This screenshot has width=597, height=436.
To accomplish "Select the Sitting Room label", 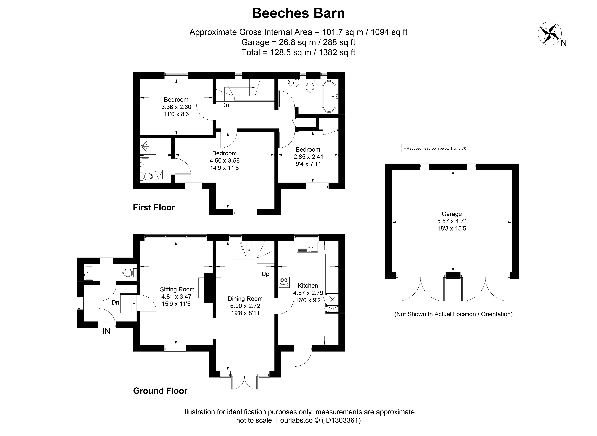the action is (x=177, y=289).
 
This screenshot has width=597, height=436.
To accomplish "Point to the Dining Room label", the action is (x=245, y=299).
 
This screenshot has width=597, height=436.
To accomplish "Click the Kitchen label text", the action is (x=308, y=286).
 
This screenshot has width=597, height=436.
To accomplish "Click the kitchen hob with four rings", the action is (x=284, y=282).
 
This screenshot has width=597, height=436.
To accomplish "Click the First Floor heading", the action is (x=154, y=207).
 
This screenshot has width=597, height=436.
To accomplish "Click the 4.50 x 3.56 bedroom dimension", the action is (x=225, y=161).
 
